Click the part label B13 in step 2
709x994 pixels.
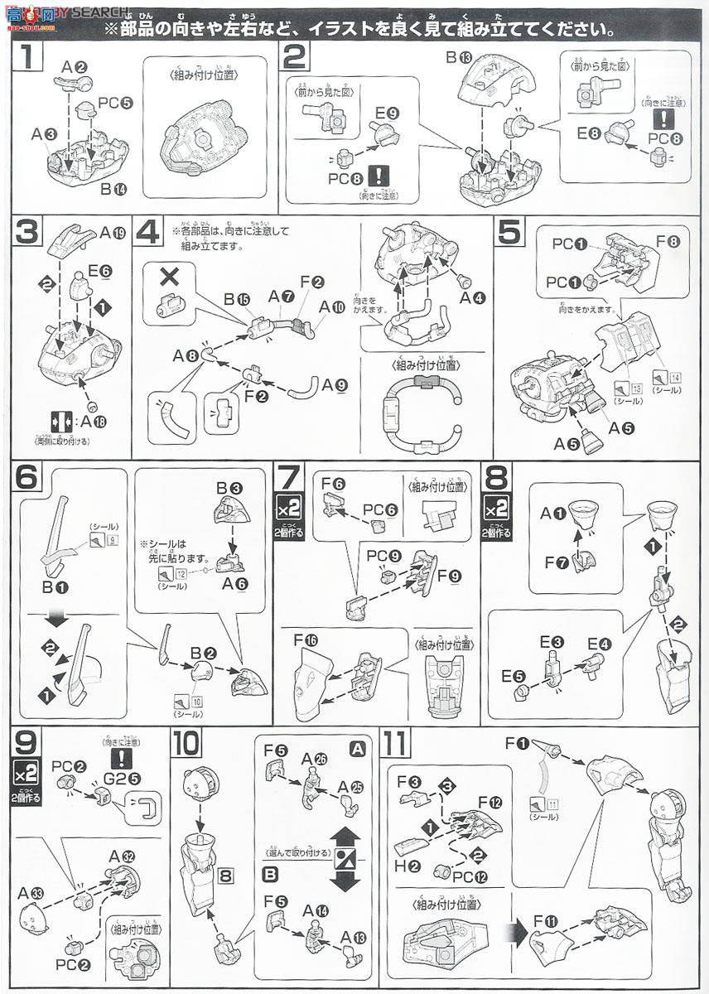pyautogui.click(x=458, y=58)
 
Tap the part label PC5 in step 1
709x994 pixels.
pyautogui.click(x=111, y=104)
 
